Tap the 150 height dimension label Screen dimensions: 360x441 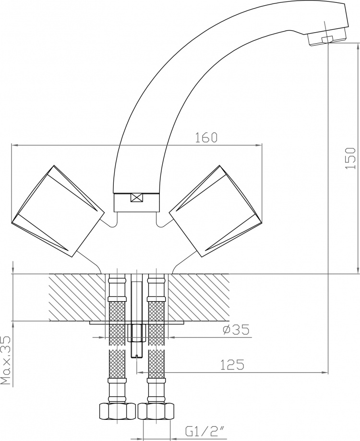click(x=351, y=158)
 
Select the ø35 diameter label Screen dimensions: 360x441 click(x=236, y=330)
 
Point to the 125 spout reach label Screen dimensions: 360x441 click(x=232, y=365)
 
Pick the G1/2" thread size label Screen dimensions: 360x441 click(x=204, y=431)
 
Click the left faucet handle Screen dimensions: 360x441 click(x=58, y=211)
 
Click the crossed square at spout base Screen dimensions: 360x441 click(x=137, y=198)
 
